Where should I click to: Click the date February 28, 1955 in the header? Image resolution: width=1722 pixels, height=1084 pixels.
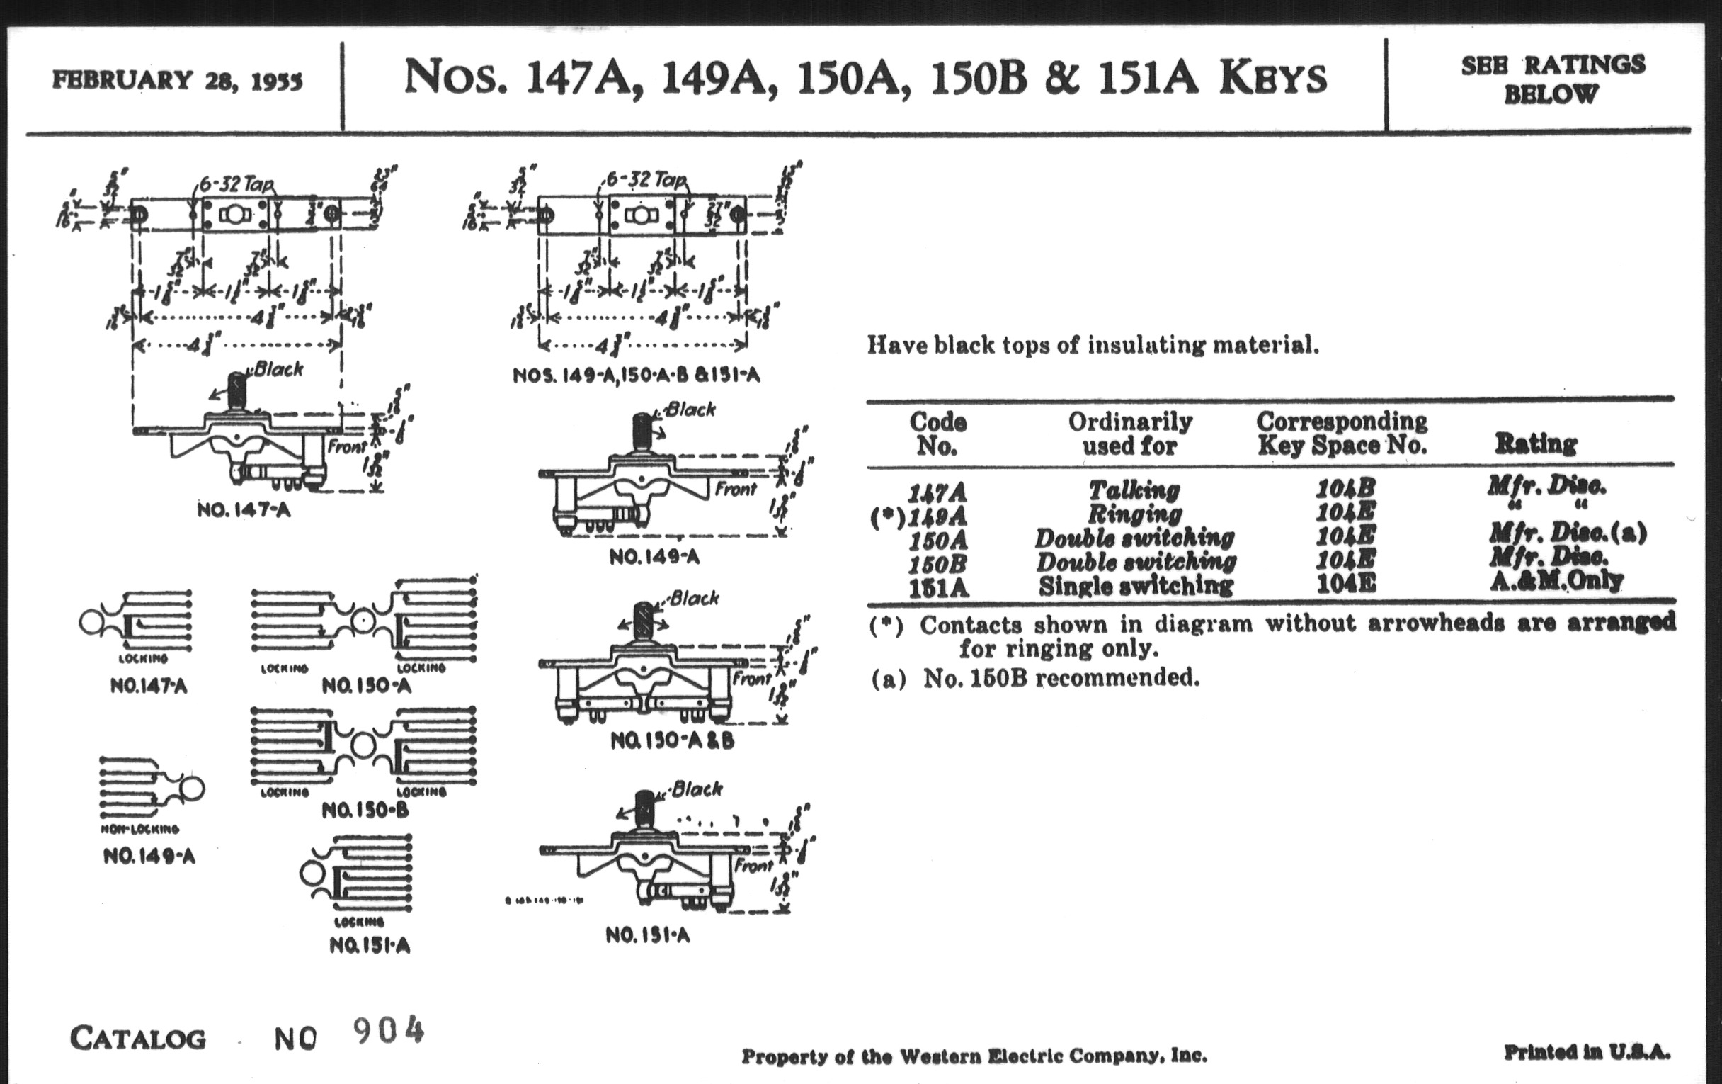tap(176, 79)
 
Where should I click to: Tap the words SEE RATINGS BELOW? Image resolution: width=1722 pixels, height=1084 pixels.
tap(1553, 79)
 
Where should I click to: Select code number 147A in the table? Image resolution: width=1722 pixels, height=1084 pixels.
tap(937, 492)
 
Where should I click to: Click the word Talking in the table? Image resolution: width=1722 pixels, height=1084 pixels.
tap(1134, 490)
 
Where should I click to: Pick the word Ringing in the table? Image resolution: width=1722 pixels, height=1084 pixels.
tap(1135, 514)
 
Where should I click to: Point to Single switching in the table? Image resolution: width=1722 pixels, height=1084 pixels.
tap(1136, 586)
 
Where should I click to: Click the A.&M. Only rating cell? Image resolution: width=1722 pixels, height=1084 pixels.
tap(1556, 580)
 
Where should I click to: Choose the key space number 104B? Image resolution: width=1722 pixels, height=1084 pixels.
tap(1345, 489)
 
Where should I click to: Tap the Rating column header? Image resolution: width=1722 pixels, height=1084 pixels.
tap(1535, 444)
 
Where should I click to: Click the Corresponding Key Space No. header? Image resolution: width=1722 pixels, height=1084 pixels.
tap(1342, 434)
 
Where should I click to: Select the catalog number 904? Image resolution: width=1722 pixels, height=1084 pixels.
tap(388, 1031)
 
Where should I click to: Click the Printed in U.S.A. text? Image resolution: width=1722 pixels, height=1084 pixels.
tap(1587, 1052)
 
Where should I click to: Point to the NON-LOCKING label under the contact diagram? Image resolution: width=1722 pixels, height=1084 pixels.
tap(140, 828)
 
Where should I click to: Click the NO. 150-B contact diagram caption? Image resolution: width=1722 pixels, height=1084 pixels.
tap(365, 810)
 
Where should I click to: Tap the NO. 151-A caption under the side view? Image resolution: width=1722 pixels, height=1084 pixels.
tap(647, 935)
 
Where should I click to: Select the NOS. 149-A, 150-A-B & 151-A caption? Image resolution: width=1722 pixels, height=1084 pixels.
tap(636, 376)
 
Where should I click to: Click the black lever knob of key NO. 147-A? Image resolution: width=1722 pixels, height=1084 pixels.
tap(236, 390)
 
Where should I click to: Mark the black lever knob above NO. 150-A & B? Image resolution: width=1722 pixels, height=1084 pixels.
tap(644, 621)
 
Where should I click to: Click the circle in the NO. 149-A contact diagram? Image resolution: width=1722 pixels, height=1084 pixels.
tap(192, 789)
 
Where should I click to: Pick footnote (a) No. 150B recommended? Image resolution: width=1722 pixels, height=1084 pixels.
tap(1034, 677)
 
